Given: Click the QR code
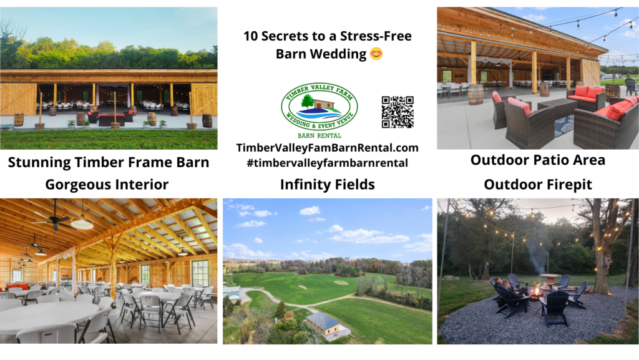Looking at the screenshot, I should [x=398, y=112].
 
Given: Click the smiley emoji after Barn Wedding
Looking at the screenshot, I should [x=376, y=54].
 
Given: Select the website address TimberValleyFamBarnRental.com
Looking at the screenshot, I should [x=327, y=148].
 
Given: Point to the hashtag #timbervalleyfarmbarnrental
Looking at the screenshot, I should [x=327, y=163].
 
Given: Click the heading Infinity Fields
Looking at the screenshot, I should [x=327, y=184].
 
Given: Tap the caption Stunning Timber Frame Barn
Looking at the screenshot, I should [x=109, y=163].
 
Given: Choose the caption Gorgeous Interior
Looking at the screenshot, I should [x=107, y=184].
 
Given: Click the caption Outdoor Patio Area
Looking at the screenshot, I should [x=537, y=160].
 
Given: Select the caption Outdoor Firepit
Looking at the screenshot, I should [x=537, y=184].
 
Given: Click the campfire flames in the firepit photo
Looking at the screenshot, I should [x=534, y=291].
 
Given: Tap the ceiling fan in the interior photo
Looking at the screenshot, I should [x=53, y=220].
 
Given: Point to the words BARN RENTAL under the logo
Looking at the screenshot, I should [x=319, y=134].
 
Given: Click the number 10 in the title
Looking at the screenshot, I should [x=251, y=36].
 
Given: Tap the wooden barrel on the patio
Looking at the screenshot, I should [x=476, y=94].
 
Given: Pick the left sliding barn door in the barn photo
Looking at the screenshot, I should [x=18, y=99].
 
